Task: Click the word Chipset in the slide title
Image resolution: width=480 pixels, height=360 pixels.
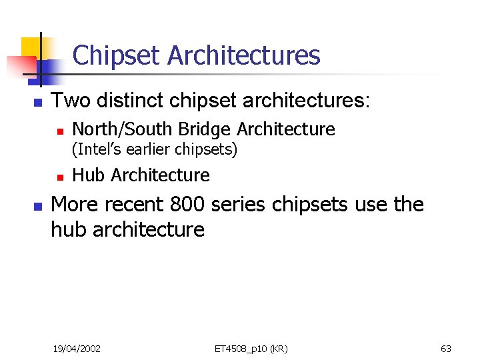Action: point(117,55)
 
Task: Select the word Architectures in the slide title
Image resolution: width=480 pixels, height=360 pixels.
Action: point(244,55)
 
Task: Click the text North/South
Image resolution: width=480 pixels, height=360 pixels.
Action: point(121,129)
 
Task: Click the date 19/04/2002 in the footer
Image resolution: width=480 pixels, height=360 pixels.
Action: point(77,349)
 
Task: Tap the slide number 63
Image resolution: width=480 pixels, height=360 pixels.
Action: point(446,349)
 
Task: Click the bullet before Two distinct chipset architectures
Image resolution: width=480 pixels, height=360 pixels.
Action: point(37,103)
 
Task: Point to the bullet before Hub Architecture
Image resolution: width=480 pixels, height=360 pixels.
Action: point(59,177)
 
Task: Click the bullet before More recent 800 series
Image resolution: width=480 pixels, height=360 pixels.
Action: point(37,206)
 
